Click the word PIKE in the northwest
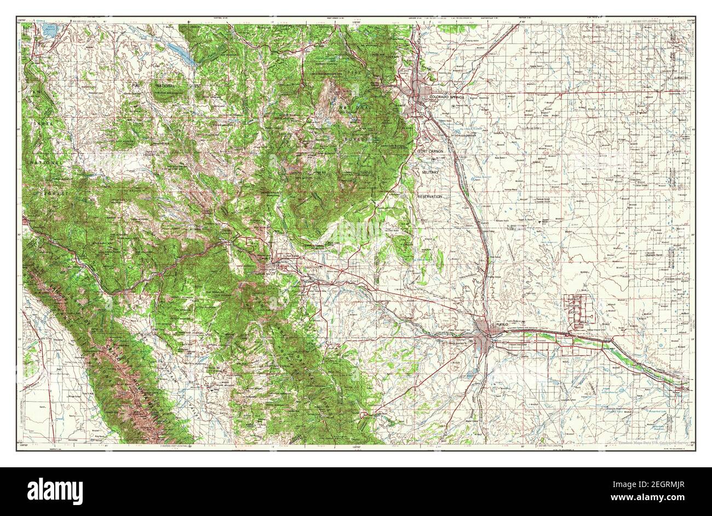coord(135,85)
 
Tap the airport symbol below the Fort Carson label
coord(436,159)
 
